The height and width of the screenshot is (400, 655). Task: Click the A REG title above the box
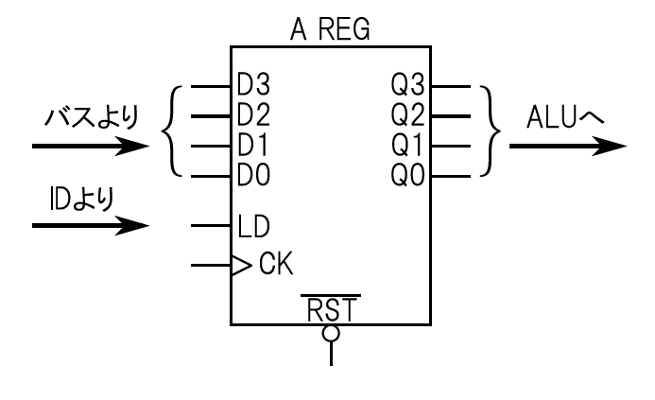pyautogui.click(x=330, y=30)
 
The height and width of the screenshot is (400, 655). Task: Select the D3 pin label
pyautogui.click(x=252, y=86)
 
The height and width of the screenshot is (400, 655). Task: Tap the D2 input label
pyautogui.click(x=252, y=117)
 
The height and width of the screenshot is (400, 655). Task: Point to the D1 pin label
pyautogui.click(x=252, y=148)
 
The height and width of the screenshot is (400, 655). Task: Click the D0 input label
pyautogui.click(x=252, y=177)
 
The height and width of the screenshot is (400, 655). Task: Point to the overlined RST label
pyautogui.click(x=331, y=308)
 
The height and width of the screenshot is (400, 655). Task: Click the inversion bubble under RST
pyautogui.click(x=331, y=333)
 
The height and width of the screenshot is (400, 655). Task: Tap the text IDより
pyautogui.click(x=80, y=200)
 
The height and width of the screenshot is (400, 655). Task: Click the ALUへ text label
pyautogui.click(x=567, y=119)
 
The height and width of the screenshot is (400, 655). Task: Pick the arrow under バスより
pyautogui.click(x=90, y=148)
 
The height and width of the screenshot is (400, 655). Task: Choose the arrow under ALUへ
pyautogui.click(x=567, y=148)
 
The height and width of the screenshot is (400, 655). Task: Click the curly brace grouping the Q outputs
pyautogui.click(x=489, y=131)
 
